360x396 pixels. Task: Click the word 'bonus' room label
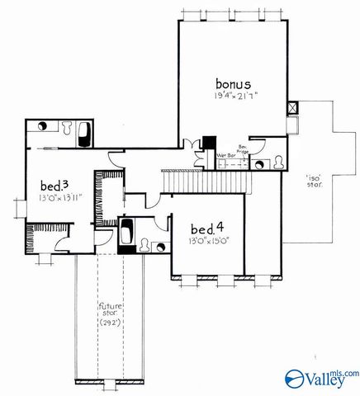click(x=233, y=83)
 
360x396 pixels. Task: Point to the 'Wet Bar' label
click(x=224, y=154)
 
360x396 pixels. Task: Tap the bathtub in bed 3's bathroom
click(x=84, y=134)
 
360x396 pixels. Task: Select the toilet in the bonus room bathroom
click(x=282, y=162)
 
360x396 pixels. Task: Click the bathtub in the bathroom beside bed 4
click(x=128, y=233)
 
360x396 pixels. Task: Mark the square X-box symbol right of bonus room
click(x=291, y=108)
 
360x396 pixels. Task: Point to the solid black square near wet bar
click(x=210, y=142)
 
